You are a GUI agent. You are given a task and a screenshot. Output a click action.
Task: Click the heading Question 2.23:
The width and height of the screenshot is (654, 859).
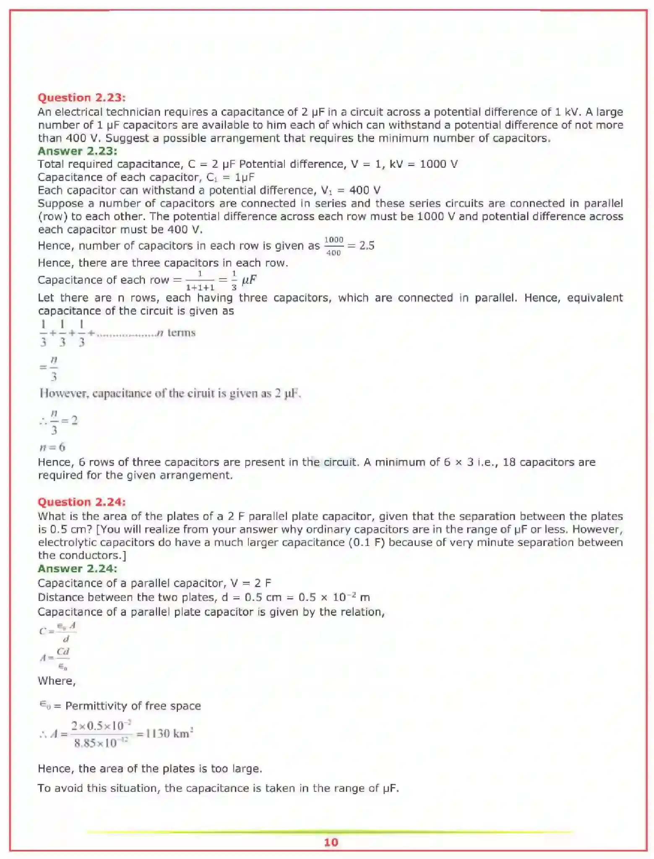81,98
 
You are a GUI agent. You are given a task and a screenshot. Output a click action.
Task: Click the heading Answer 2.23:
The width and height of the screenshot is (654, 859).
77,151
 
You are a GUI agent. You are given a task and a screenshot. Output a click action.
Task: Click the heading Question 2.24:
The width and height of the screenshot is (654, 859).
81,502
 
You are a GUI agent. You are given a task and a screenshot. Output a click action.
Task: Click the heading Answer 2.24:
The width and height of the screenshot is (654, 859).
77,569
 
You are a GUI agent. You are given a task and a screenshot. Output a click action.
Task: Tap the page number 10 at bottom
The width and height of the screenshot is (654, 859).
331,842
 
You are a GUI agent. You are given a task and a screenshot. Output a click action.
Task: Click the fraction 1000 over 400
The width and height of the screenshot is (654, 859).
334,246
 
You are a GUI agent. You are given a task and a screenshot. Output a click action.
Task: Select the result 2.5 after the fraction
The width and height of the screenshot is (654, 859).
367,246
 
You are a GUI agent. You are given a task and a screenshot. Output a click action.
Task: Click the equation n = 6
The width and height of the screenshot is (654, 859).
52,447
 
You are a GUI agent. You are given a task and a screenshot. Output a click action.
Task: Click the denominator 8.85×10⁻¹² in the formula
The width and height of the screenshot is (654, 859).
101,743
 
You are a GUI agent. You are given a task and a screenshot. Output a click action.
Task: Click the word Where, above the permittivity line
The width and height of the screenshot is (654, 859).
57,681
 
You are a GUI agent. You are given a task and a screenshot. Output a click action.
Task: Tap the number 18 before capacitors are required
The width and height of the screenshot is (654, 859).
508,462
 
